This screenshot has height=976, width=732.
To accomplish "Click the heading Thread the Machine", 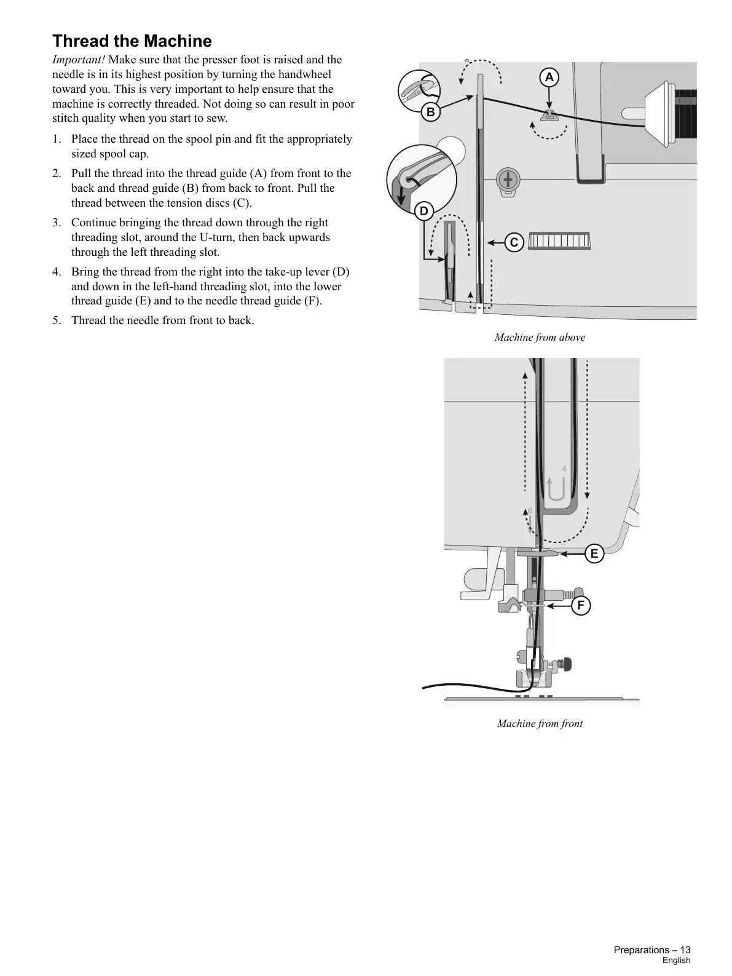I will click(132, 41).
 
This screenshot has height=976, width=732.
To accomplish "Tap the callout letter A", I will click(549, 77).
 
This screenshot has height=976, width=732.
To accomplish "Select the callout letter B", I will click(431, 112).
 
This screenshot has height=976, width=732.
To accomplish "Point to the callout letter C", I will click(514, 242).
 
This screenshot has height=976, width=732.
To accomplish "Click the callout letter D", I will click(423, 212).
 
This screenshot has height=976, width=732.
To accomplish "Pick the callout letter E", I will click(594, 553).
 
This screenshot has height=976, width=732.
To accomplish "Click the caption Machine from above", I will click(540, 337).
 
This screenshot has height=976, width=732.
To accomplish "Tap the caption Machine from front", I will click(540, 723).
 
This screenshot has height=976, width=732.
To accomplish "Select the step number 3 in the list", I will click(57, 223).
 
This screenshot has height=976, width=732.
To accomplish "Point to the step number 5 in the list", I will click(57, 320).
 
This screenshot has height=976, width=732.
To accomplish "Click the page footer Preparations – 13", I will click(651, 950).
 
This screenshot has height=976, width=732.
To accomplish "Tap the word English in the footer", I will click(676, 961).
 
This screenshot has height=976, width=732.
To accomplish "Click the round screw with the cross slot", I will click(508, 180).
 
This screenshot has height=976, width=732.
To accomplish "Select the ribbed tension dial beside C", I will click(559, 240).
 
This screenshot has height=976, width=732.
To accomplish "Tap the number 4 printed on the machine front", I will click(564, 469).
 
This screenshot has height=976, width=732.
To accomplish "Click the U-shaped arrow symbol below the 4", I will click(556, 490).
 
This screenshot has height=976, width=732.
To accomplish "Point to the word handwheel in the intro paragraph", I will click(299, 74).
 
